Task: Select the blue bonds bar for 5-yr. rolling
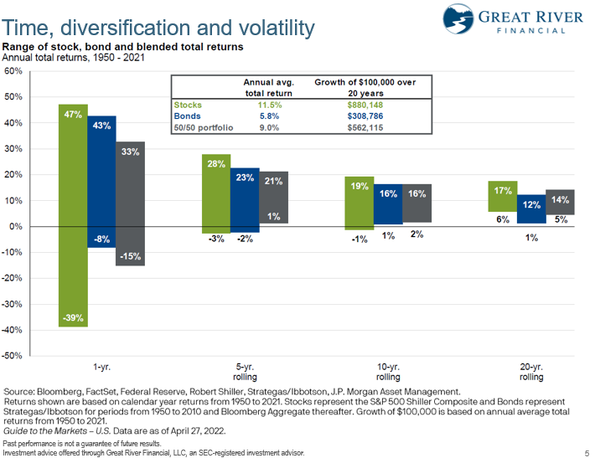(x=244, y=201)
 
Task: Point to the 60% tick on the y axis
(x=13, y=71)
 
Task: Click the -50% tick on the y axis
(x=12, y=356)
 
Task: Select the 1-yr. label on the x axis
(x=101, y=367)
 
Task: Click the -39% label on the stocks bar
(x=73, y=317)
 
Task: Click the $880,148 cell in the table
(x=365, y=105)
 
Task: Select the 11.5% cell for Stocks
(x=263, y=105)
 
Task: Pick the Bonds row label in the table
(x=187, y=116)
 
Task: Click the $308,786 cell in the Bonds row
(x=365, y=116)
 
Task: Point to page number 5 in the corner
(x=586, y=452)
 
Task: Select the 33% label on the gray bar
(x=130, y=152)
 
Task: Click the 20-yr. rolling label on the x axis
(x=532, y=372)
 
